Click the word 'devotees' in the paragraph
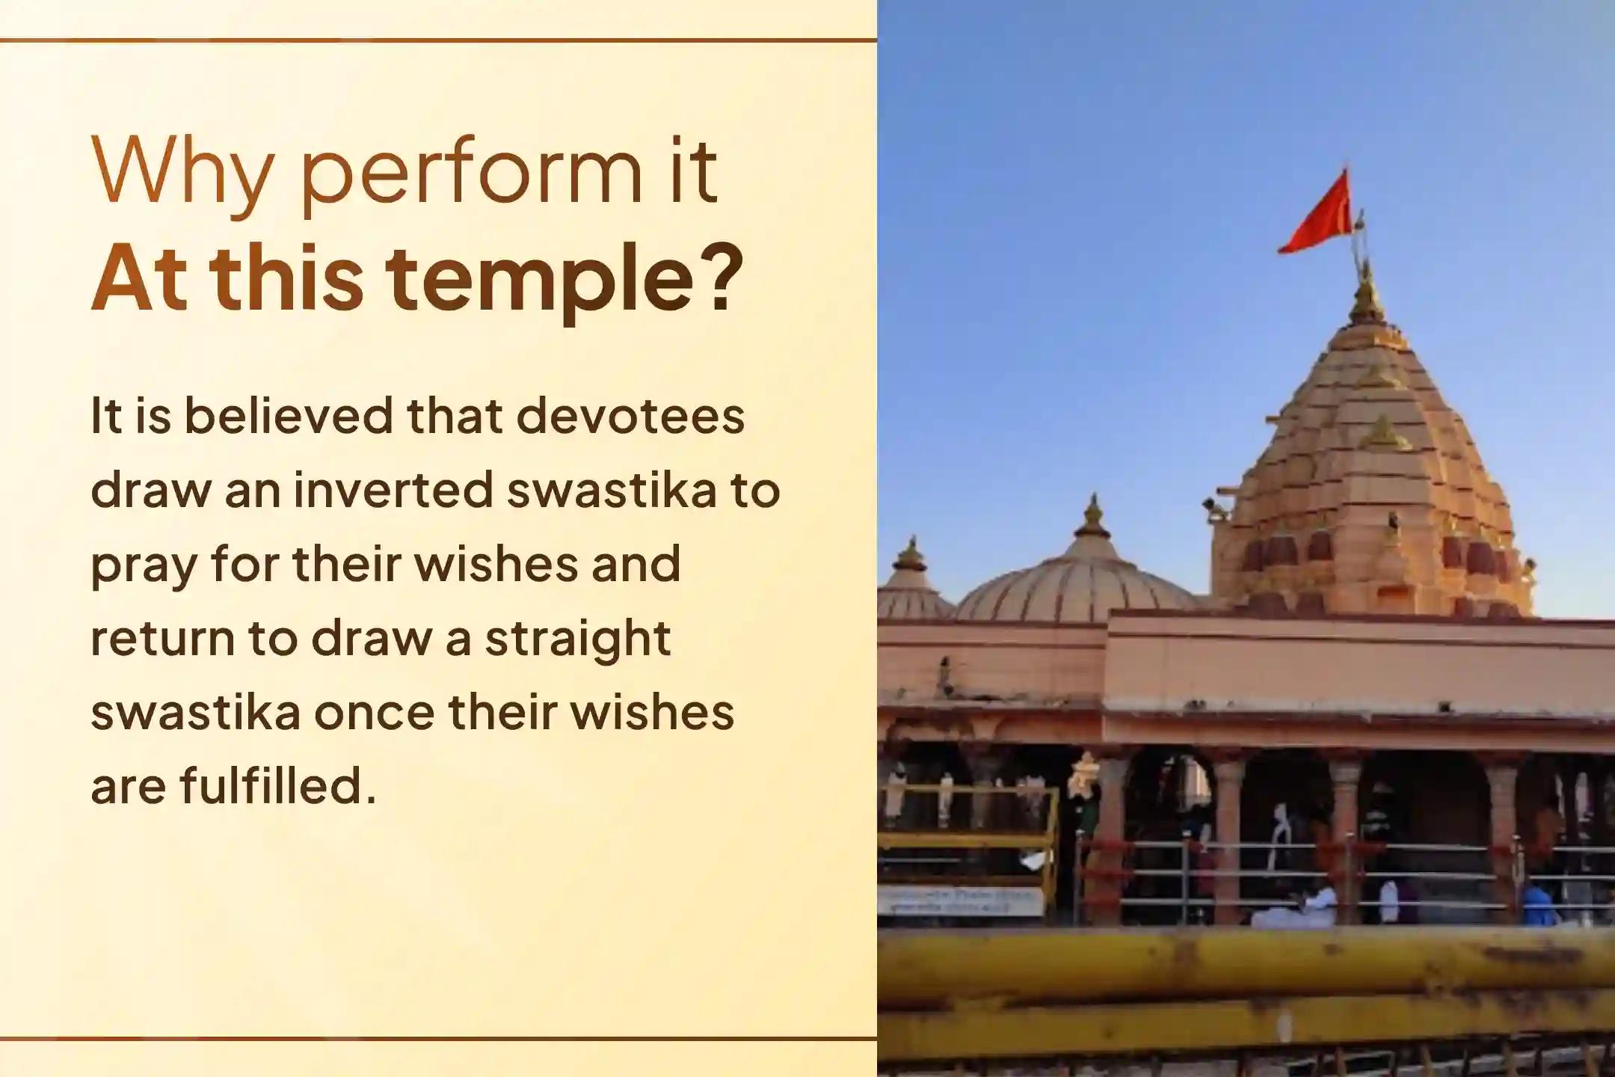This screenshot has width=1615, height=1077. click(x=630, y=416)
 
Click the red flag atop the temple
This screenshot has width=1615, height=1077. click(x=1317, y=212)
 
